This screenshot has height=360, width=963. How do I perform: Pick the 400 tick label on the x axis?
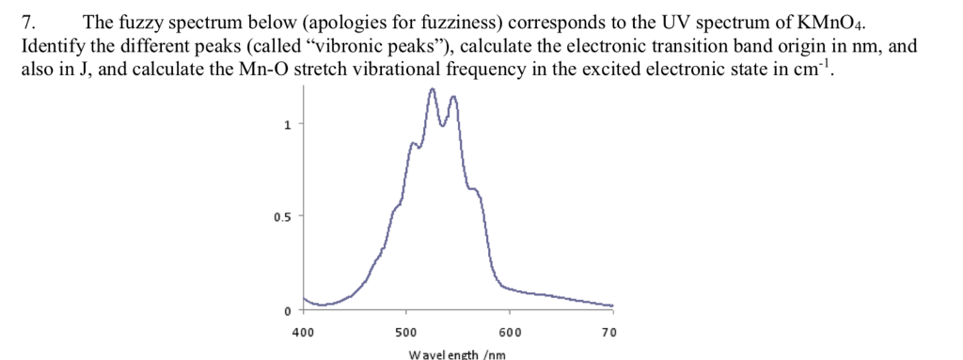pos(302,331)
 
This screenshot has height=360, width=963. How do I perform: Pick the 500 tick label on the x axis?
pos(405,331)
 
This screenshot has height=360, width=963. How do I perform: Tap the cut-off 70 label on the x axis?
pos(608,331)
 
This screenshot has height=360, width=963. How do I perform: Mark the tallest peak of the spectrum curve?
pos(432,89)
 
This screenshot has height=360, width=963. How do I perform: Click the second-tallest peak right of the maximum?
pos(454,97)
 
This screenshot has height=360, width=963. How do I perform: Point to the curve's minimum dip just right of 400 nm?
pos(320,304)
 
